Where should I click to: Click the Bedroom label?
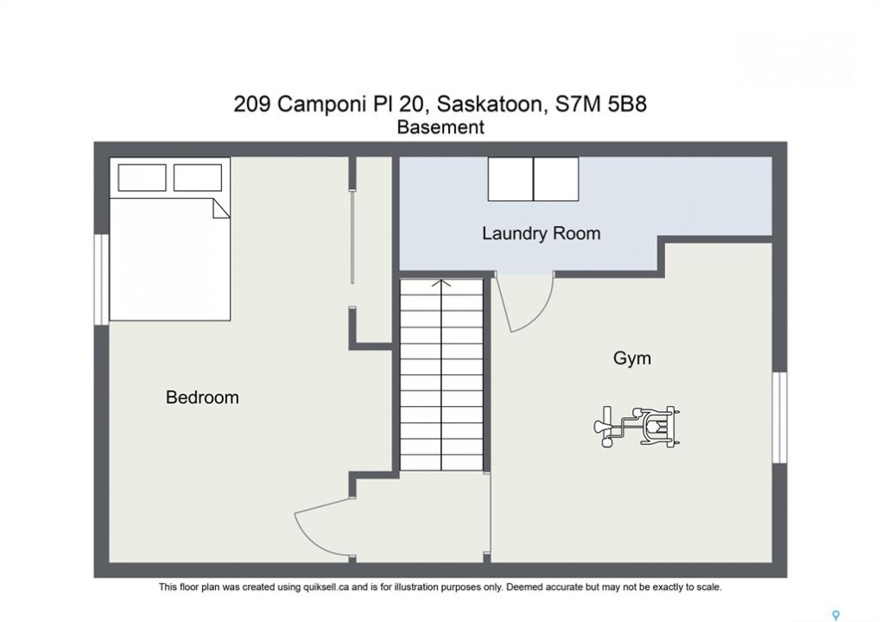tap(202, 397)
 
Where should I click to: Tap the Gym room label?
tap(632, 359)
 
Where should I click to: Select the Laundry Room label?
tap(541, 233)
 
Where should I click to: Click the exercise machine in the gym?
tap(637, 427)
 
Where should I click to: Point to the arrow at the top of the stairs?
tap(441, 283)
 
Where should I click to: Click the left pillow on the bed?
tap(142, 178)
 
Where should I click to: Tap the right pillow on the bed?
tap(198, 178)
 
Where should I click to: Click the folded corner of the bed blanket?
tap(220, 208)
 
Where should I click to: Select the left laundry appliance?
tap(510, 179)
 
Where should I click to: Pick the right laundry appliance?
tap(555, 179)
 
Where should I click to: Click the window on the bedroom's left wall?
tap(102, 279)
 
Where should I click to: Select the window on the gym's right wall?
tap(780, 417)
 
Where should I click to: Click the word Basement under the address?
tap(440, 128)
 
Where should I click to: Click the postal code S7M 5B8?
tap(600, 105)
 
